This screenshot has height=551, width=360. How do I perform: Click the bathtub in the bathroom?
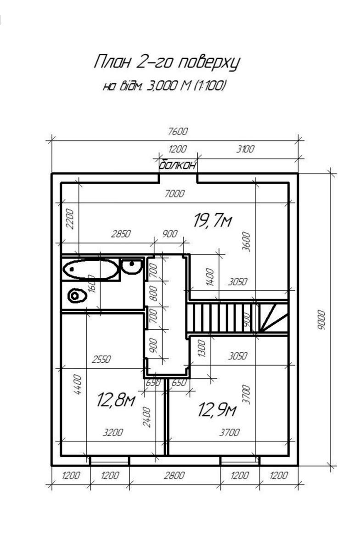coord(90,269)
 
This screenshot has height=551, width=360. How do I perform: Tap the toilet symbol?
coord(77,296)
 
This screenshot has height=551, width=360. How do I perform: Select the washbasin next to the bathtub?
coord(132,266)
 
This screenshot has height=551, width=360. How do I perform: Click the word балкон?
coord(178,165)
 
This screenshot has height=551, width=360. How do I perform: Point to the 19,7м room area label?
coord(213,221)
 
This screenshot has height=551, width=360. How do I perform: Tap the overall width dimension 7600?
coord(178,132)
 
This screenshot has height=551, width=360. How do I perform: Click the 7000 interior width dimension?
coord(174,194)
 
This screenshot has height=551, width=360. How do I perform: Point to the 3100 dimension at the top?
coord(245,149)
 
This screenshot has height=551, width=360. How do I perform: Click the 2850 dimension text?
coord(121,234)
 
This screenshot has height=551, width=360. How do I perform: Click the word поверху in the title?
coord(208,62)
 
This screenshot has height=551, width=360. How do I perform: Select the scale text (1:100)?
coord(210,86)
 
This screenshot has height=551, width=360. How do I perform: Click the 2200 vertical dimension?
coord(70,219)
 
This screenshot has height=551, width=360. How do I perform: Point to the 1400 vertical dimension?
coord(210,277)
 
